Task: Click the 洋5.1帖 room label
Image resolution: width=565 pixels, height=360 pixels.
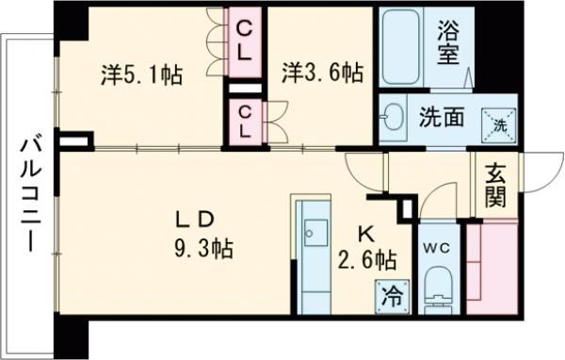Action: click(141, 74)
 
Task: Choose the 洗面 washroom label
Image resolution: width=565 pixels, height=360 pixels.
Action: click(440, 120)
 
